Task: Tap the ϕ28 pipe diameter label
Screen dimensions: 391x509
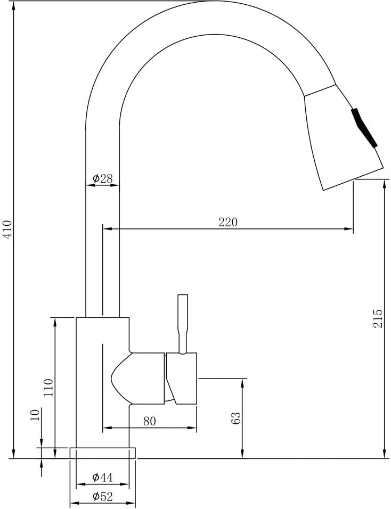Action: click(x=102, y=178)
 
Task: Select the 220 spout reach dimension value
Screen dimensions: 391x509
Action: click(x=228, y=222)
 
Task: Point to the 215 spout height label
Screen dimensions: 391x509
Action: click(x=378, y=319)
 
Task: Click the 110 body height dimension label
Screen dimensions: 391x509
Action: click(x=48, y=387)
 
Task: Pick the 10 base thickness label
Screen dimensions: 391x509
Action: click(x=35, y=415)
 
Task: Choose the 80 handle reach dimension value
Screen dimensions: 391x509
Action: click(x=149, y=421)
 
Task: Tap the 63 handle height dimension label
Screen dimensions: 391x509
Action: click(x=236, y=418)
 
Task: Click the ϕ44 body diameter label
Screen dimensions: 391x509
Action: click(x=102, y=477)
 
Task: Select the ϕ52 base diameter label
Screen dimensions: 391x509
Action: click(x=102, y=497)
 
